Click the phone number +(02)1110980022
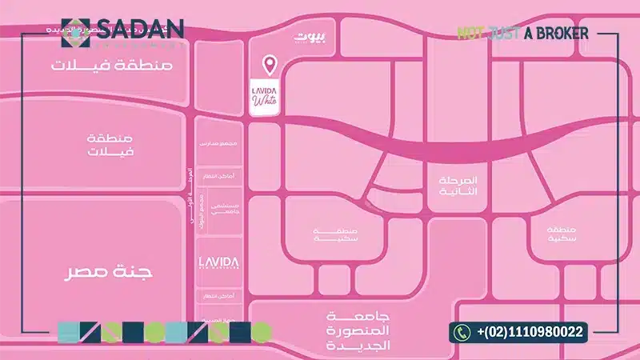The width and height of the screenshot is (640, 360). point(530,331)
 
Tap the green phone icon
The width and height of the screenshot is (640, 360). point(462,331)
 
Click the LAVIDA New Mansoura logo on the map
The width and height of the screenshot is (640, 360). point(218,264)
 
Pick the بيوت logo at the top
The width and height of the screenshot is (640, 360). point(310,37)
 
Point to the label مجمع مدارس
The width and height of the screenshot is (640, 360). point(217,142)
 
